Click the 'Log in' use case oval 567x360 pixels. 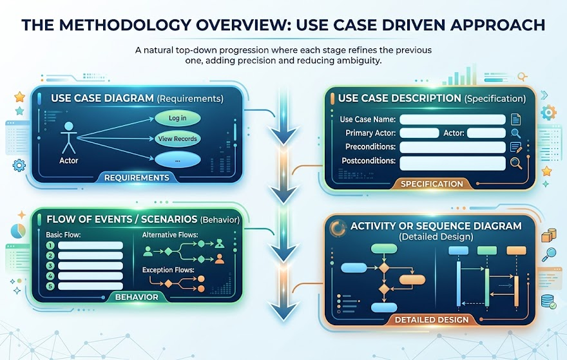[178, 118]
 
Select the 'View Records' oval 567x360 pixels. [178, 139]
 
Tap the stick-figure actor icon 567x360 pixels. [69, 138]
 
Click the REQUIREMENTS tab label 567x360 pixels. [137, 178]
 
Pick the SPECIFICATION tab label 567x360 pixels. [432, 184]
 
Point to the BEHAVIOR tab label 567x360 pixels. [137, 297]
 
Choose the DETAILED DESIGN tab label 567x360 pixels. [432, 319]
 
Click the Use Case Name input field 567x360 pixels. [452, 119]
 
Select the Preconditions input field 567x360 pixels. [452, 147]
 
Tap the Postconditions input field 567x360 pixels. [452, 163]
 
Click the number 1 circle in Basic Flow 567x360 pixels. [50, 245]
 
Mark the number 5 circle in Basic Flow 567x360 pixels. [50, 287]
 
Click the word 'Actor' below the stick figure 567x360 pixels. [69, 160]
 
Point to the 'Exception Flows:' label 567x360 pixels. [168, 270]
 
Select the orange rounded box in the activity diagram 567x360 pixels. [412, 279]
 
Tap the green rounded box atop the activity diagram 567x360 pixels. [384, 249]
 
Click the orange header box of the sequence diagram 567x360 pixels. [516, 251]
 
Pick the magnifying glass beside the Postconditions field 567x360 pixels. [516, 164]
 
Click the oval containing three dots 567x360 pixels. [178, 160]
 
